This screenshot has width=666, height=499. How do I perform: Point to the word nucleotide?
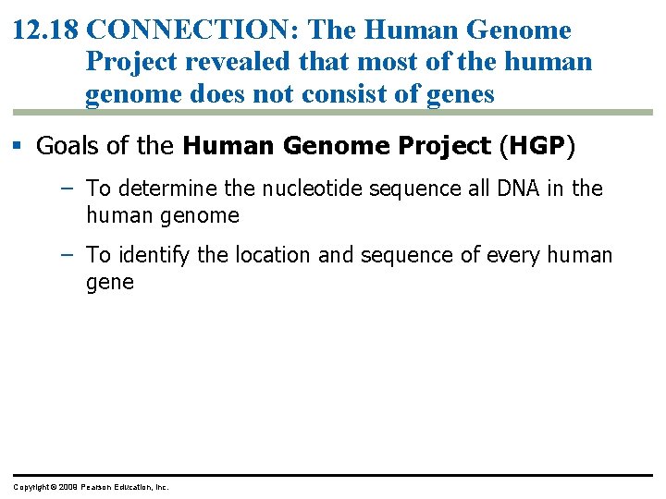308,189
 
